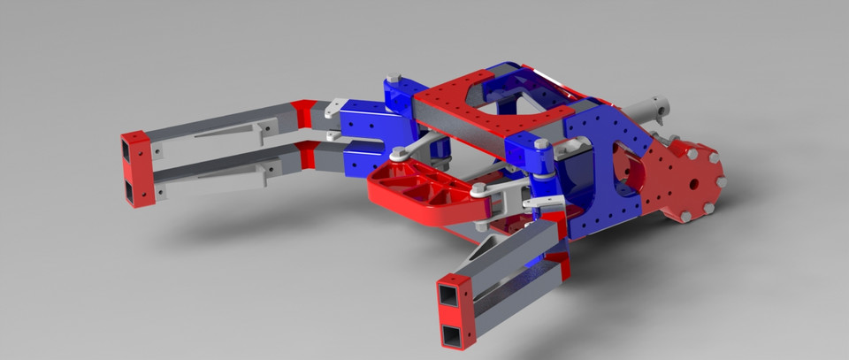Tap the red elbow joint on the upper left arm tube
coord(305,114)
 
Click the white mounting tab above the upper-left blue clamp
coord(332,110)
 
